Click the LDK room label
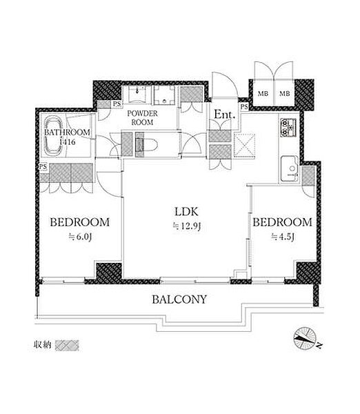186,212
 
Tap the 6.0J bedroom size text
80,237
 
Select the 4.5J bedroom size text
283,237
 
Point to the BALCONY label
179,299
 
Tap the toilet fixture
146,145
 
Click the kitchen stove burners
288,128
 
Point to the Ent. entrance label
224,115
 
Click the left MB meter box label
263,93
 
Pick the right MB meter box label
285,93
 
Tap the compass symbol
305,339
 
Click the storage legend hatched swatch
67,345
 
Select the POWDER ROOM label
142,118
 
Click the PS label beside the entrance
244,107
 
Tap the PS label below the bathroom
43,167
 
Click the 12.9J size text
187,226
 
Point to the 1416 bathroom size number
68,142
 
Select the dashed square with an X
245,146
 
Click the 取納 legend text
42,345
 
